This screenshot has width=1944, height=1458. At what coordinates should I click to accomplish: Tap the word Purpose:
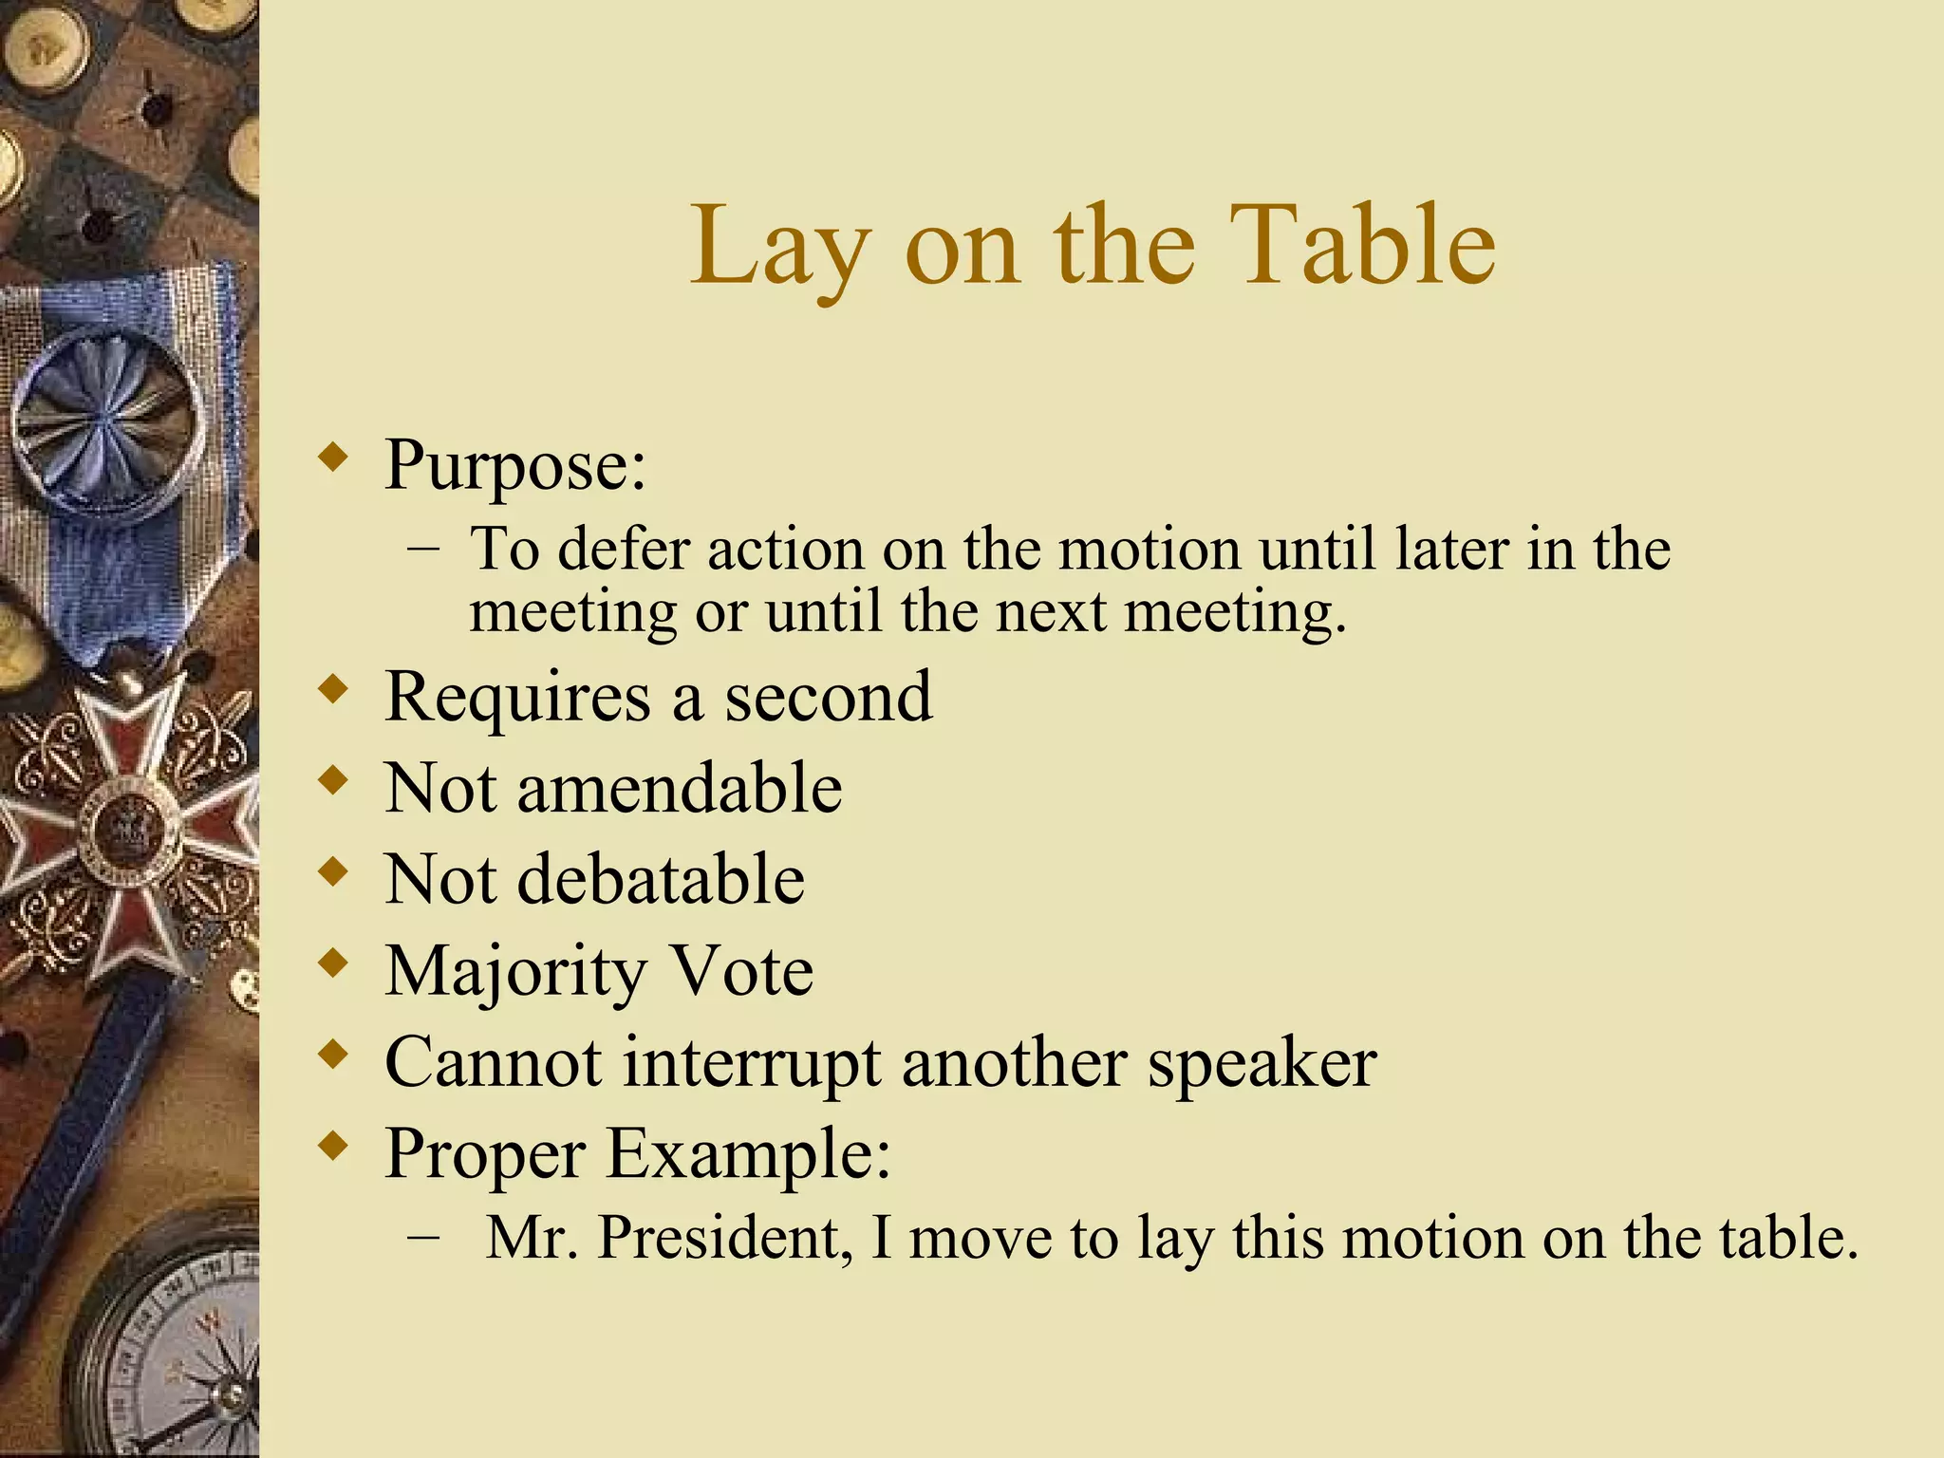(x=514, y=465)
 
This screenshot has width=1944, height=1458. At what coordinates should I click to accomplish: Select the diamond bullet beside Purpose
(x=332, y=458)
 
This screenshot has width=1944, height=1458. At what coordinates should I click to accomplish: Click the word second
(x=829, y=697)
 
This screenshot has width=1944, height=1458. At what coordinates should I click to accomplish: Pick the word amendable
(x=679, y=788)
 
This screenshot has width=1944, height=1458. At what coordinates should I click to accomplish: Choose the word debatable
(x=661, y=879)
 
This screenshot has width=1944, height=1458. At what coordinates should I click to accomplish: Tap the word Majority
(x=516, y=972)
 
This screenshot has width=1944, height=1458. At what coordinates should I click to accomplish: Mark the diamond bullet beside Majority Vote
(x=332, y=964)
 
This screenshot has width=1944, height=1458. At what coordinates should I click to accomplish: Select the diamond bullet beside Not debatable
(x=332, y=872)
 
